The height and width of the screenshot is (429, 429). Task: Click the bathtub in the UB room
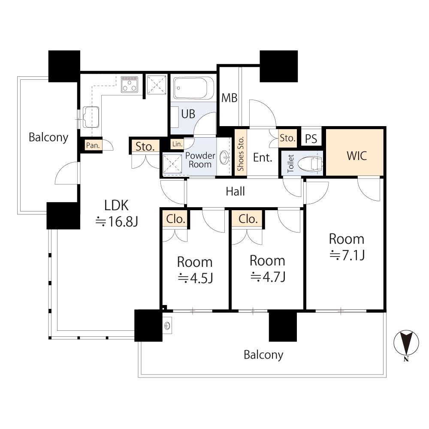[194, 88]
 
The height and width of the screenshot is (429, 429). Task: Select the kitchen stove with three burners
[130, 84]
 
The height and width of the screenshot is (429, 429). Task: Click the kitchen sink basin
[91, 117]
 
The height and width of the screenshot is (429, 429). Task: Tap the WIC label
[356, 156]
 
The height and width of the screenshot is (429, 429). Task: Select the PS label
[311, 139]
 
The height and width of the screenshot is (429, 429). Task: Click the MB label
[229, 98]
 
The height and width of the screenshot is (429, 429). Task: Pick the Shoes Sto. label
[241, 154]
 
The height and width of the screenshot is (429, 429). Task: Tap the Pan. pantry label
[93, 145]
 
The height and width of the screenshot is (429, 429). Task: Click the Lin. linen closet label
[177, 144]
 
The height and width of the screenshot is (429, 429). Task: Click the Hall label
[235, 191]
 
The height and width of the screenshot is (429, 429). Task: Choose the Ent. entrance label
[263, 157]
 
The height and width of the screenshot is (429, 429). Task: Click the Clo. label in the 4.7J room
[248, 219]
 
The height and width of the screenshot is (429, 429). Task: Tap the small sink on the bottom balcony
[167, 326]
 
